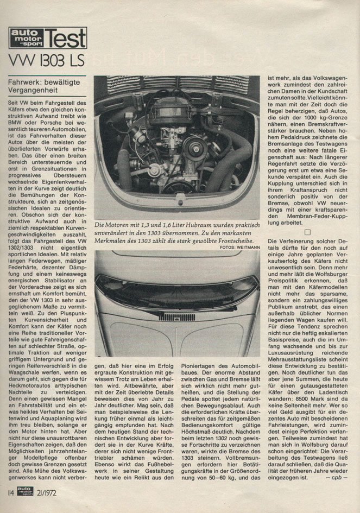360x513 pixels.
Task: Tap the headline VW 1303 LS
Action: coord(47,60)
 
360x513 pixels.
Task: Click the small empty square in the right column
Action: coord(307,232)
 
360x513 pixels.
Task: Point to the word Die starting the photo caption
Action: coord(101,225)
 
